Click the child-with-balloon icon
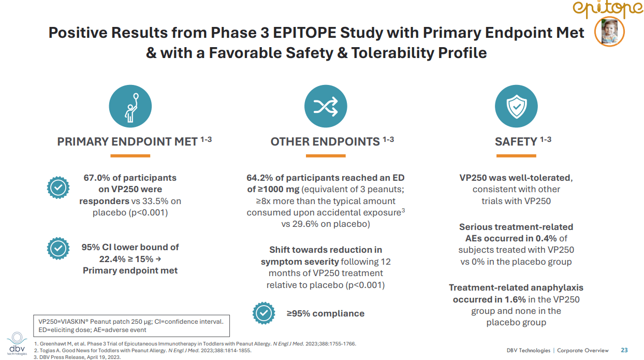[x=130, y=106]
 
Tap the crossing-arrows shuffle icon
[x=326, y=106]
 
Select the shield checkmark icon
[x=516, y=106]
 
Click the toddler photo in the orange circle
[x=609, y=32]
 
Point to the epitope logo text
[x=608, y=8]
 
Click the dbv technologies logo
[x=17, y=343]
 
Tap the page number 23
[x=624, y=350]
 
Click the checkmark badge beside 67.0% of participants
[x=58, y=188]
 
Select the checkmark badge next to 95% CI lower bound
[x=58, y=248]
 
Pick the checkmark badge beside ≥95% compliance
[x=264, y=313]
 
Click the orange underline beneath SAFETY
[x=516, y=156]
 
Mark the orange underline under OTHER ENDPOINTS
[x=326, y=156]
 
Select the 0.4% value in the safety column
[x=546, y=239]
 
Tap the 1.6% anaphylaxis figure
[x=515, y=299]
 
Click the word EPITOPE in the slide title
[x=304, y=33]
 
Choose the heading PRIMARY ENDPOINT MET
[x=127, y=141]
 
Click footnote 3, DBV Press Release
[x=77, y=357]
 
